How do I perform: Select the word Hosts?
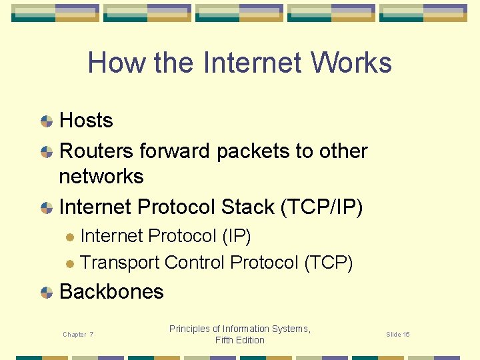click(86, 121)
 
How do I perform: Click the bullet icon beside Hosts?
click(47, 121)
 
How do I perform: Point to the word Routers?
click(97, 151)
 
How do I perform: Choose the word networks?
click(101, 177)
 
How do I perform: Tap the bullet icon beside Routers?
click(47, 152)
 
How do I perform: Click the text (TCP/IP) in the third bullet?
click(322, 207)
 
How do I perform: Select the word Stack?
click(247, 207)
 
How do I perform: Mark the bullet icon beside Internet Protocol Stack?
click(47, 208)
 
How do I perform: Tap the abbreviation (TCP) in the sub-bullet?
click(328, 263)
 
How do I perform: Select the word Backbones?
click(111, 292)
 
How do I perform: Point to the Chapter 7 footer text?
click(78, 334)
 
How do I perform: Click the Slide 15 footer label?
click(398, 334)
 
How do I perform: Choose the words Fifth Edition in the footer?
click(240, 340)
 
